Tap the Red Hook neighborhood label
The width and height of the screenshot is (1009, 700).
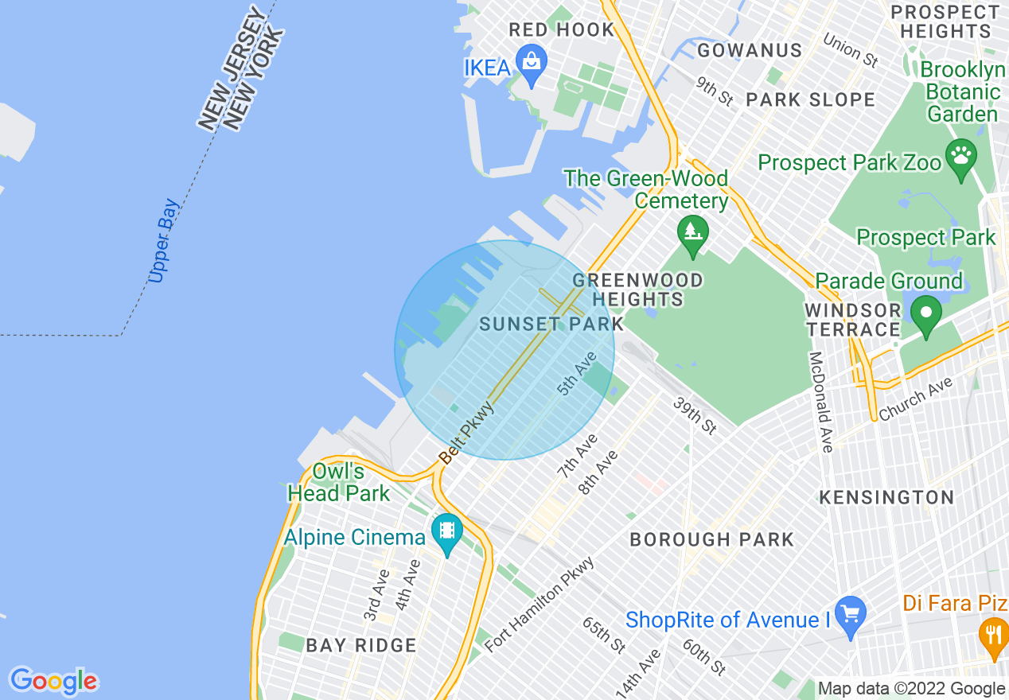coord(562,30)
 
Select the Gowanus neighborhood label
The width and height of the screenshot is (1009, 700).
coord(750,51)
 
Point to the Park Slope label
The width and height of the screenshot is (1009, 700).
coord(810,100)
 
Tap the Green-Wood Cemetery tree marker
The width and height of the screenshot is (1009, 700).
coord(692,231)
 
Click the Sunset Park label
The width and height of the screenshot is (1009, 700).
coord(552,325)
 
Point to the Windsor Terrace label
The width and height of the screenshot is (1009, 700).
coord(852,320)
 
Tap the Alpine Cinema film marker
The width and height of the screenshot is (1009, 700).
coord(447,530)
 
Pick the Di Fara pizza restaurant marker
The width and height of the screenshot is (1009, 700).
coord(993,634)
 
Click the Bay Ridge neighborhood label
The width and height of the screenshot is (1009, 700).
coord(361,645)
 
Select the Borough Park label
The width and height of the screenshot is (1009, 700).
coord(711,540)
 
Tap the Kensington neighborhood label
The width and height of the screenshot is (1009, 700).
coord(886,498)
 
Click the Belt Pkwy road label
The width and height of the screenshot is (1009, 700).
coord(467,434)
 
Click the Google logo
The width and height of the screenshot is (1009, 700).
coord(53,681)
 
